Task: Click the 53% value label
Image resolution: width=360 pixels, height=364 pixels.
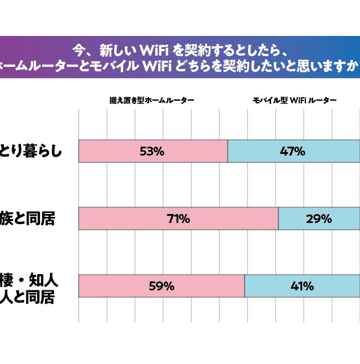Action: click(x=152, y=152)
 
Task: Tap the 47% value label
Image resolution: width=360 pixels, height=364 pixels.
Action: click(x=292, y=152)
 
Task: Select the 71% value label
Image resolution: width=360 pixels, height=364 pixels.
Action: click(x=178, y=219)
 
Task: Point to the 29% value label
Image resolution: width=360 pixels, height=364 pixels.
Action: click(x=318, y=219)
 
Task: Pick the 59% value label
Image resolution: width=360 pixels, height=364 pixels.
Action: click(x=161, y=286)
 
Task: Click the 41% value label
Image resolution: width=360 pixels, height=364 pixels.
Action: click(x=302, y=286)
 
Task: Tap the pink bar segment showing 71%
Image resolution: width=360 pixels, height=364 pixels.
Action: click(x=124, y=219)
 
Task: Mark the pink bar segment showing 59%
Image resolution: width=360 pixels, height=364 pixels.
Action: click(x=112, y=286)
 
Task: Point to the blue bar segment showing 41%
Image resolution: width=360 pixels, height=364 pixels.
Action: click(x=337, y=286)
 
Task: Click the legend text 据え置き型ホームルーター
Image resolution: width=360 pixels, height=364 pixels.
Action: click(x=152, y=101)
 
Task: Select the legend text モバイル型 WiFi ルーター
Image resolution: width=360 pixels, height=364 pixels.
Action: click(x=294, y=101)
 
